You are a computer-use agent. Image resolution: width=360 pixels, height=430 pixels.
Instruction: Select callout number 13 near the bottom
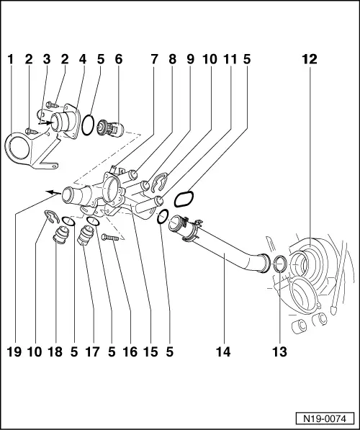point(279,352)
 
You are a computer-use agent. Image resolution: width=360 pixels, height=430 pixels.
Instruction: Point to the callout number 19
point(13,352)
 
